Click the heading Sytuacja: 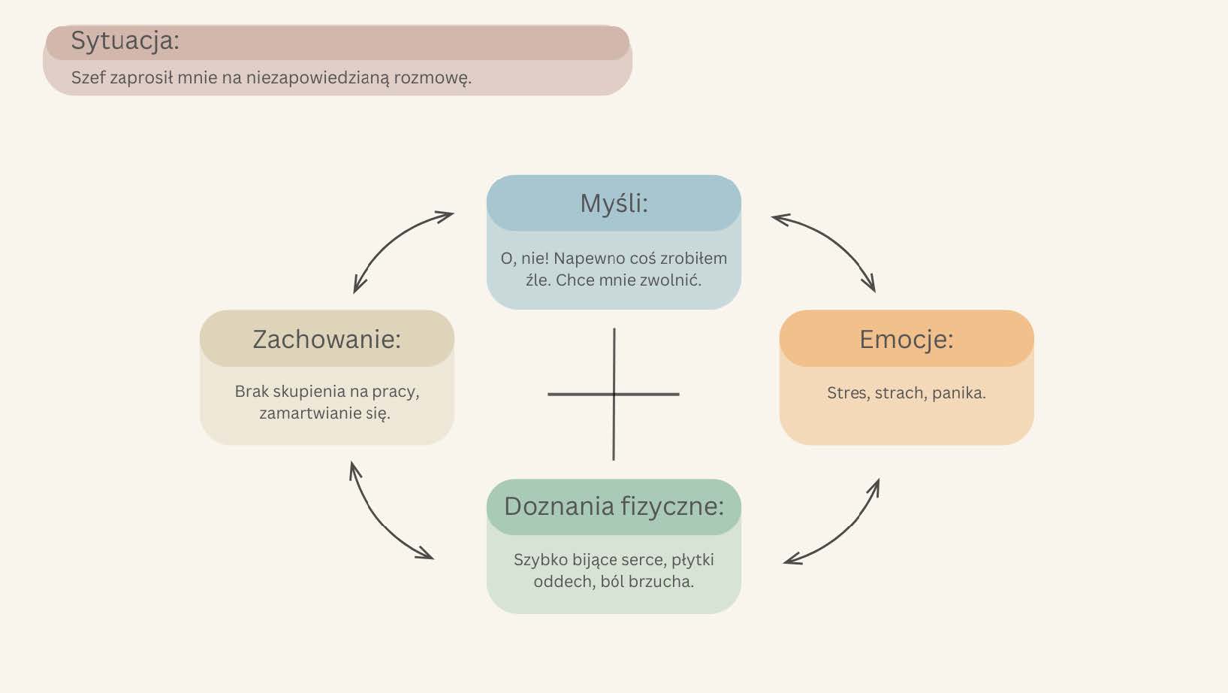coord(125,41)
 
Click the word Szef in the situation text coord(88,77)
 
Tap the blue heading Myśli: coord(614,203)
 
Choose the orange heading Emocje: coord(906,339)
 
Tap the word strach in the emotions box coord(900,393)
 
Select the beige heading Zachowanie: coord(327,339)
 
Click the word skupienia coord(309,392)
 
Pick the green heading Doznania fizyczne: coord(614,507)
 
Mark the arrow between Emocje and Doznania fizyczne coord(839,529)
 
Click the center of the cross coord(614,394)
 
